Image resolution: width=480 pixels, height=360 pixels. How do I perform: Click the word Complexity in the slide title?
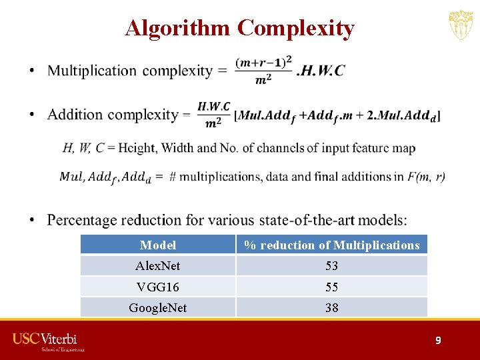[x=296, y=28]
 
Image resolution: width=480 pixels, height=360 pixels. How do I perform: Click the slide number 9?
[x=438, y=340]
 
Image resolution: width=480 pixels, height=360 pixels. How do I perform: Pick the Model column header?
[x=158, y=245]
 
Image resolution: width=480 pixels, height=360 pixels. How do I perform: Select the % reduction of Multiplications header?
[x=331, y=245]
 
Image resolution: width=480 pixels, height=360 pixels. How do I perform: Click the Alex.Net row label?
[x=158, y=266]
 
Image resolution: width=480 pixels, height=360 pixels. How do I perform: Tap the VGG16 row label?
[x=158, y=287]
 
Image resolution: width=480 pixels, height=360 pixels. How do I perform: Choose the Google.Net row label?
[x=158, y=308]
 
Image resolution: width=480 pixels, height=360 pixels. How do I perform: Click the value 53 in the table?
[x=331, y=266]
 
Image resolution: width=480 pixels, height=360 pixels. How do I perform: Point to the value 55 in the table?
[x=331, y=287]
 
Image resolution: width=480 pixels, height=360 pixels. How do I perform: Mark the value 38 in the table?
[x=331, y=308]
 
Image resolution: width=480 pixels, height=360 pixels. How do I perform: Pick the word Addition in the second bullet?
[x=75, y=115]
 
